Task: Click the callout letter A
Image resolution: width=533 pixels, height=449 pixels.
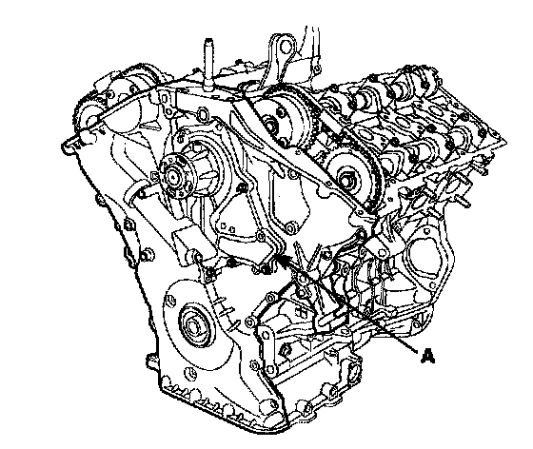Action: coord(427,357)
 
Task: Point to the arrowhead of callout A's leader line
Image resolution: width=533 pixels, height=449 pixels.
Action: coord(281,259)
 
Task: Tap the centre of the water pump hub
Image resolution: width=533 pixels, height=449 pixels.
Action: coord(173,176)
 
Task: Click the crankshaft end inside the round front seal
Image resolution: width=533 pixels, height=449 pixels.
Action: coord(193,328)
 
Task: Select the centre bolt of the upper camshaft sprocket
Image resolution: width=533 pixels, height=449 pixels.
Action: coord(270,126)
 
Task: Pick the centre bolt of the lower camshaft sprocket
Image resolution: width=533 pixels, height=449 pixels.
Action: coord(347,181)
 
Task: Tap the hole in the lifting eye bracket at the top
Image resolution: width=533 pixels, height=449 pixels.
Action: coord(285,49)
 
